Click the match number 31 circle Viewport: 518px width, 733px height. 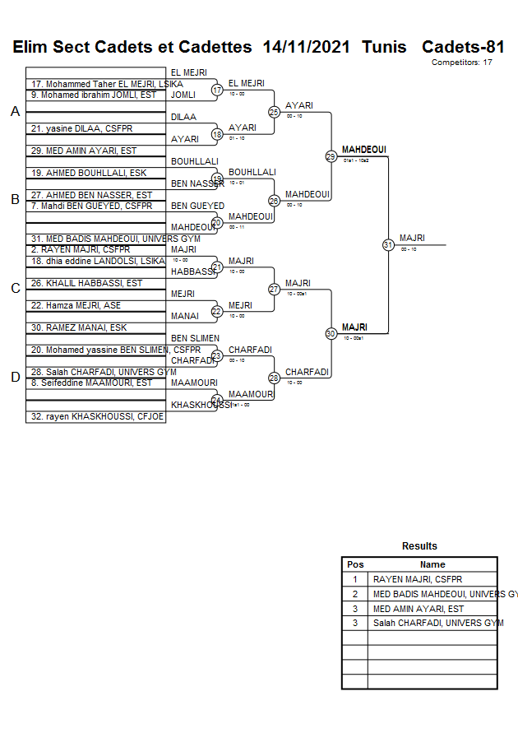tap(388, 245)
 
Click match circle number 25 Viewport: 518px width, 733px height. tap(274, 112)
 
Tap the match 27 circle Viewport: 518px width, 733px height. tap(274, 290)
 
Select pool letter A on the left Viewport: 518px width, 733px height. tap(15, 112)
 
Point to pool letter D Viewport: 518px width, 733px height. tap(15, 378)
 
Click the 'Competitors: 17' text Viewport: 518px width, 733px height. tap(462, 63)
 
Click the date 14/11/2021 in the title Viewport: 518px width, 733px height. tap(308, 47)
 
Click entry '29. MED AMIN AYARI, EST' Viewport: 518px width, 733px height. tap(84, 151)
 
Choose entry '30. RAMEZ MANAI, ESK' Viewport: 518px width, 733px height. tap(79, 327)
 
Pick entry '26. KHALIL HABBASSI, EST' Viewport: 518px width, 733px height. tap(87, 283)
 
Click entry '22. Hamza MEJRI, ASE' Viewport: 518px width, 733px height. tap(76, 305)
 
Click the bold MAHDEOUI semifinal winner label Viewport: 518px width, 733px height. tap(363, 150)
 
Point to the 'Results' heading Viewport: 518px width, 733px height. tap(419, 546)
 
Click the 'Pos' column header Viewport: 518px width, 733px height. tap(355, 564)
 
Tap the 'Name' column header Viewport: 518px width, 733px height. tap(432, 564)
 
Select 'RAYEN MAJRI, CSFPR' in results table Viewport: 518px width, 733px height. tap(418, 579)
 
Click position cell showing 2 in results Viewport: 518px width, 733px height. tap(355, 594)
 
